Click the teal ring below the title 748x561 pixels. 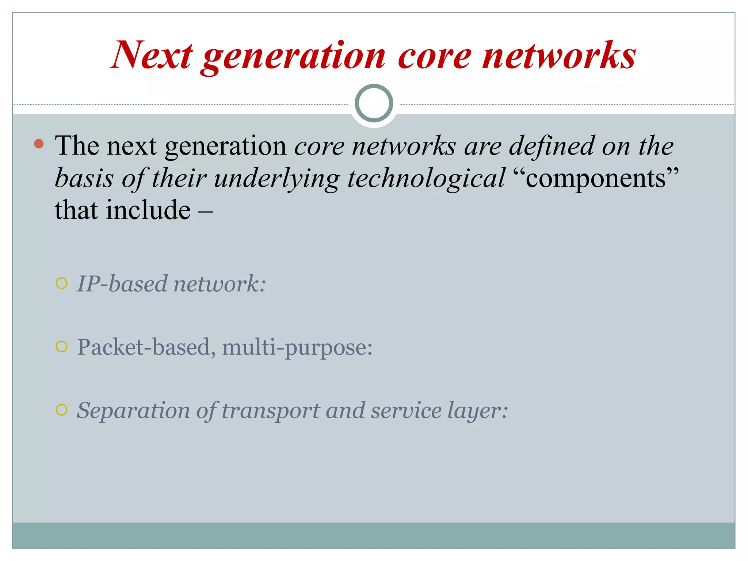point(374,103)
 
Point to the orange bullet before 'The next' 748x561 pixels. point(39,144)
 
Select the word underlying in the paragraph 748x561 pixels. point(277,179)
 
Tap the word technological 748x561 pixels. point(426,179)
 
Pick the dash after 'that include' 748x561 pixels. point(205,211)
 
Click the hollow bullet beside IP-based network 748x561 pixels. point(62,283)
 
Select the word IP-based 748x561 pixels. point(122,284)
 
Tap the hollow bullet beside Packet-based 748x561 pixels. point(62,347)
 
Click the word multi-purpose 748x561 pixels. point(297,347)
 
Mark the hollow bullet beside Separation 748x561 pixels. point(62,410)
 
